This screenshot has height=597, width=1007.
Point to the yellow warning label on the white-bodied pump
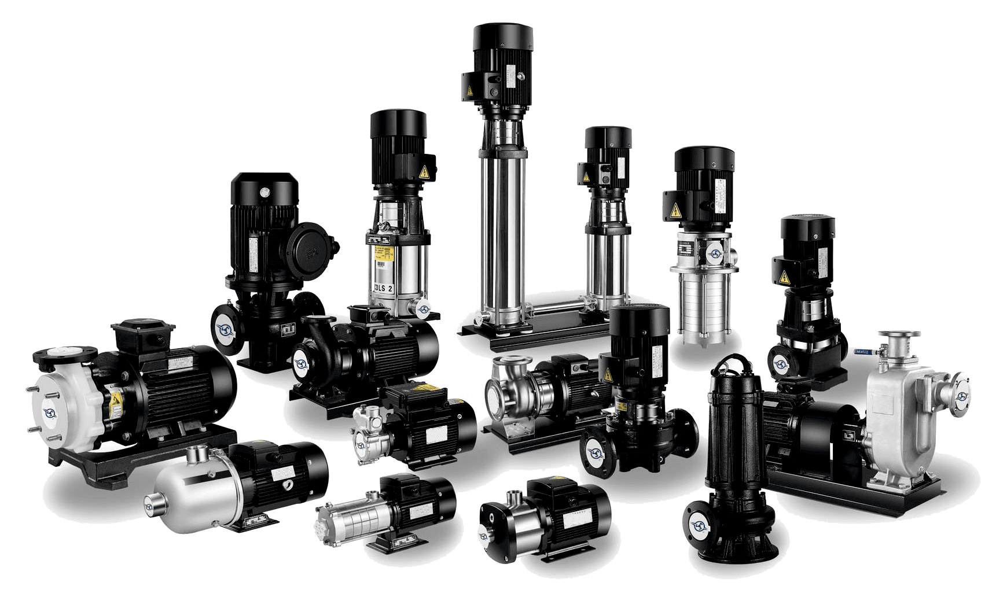tap(116, 399)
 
